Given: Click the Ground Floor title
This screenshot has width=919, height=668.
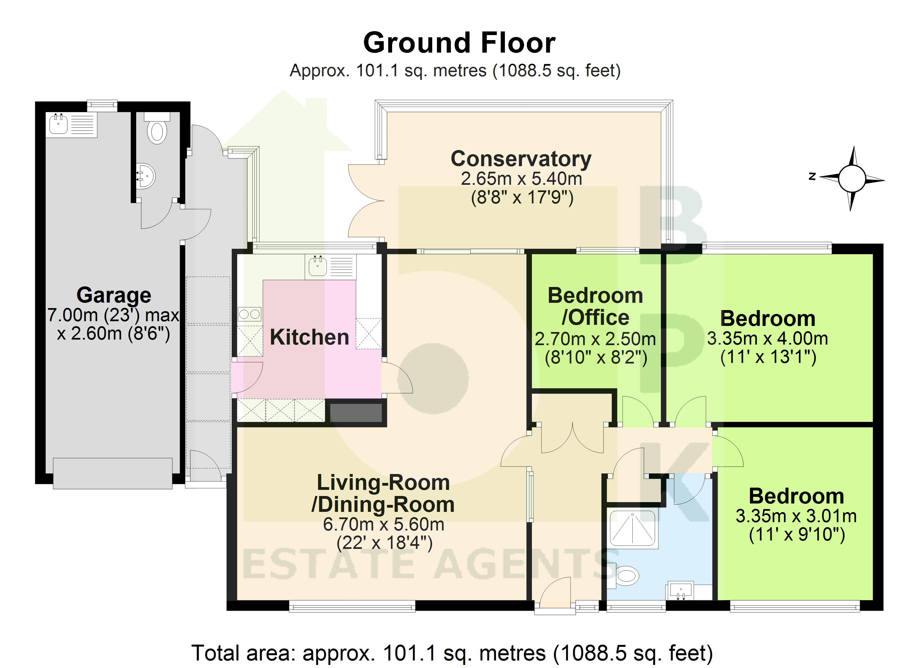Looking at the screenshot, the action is click(459, 43).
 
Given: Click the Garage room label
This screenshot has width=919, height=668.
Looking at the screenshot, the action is click(114, 295).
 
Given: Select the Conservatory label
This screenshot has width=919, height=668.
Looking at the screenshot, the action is click(521, 159).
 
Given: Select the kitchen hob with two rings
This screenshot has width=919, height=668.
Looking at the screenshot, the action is click(250, 314).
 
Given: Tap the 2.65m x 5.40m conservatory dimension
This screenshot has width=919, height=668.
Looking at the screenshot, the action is click(522, 179).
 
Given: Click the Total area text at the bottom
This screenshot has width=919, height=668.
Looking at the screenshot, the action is click(452, 653).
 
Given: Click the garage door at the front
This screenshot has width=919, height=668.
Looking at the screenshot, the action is click(113, 473).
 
